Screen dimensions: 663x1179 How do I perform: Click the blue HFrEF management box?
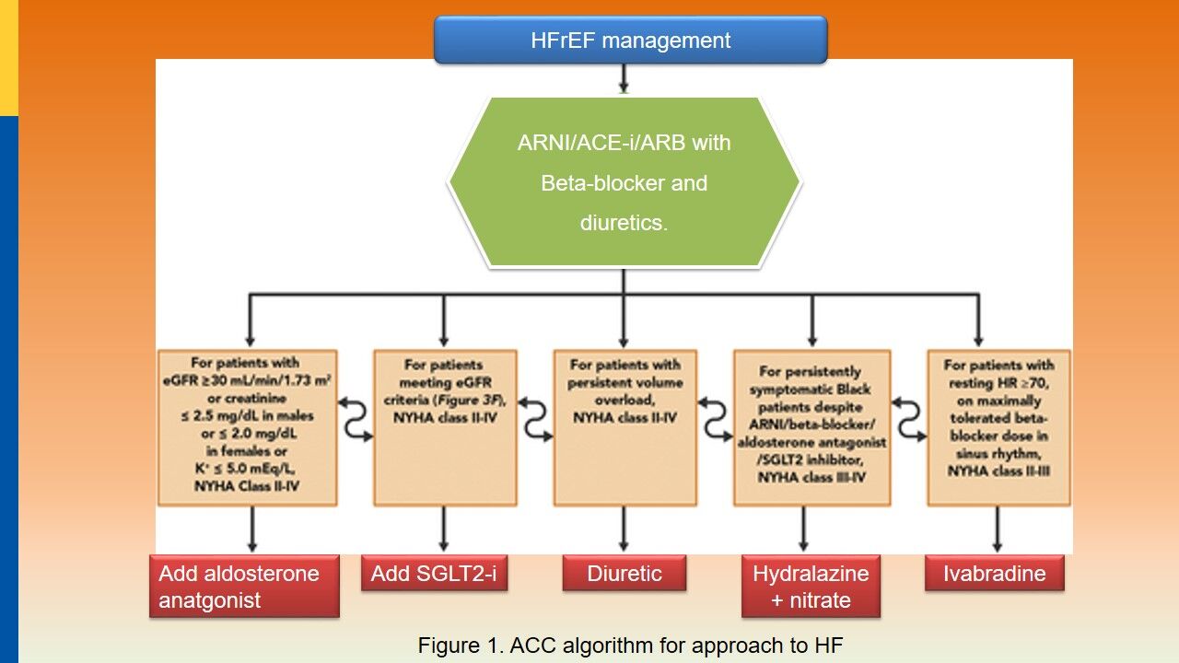pos(630,41)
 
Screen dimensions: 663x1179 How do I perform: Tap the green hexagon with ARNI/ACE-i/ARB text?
pos(625,182)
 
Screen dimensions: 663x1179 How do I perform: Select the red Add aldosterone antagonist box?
pos(244,587)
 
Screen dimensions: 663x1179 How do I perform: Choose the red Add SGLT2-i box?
pos(434,574)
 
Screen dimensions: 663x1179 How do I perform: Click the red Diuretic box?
pos(625,574)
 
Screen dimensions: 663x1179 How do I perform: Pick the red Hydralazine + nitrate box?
pos(811,587)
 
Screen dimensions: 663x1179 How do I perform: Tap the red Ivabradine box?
pos(995,574)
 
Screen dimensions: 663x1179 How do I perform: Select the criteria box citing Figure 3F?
pos(444,427)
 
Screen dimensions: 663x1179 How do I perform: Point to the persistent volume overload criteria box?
pos(625,427)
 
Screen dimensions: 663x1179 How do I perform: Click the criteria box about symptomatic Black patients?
pos(811,427)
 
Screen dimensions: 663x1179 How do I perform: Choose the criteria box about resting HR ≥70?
pos(998,427)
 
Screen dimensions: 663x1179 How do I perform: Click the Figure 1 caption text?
pos(630,646)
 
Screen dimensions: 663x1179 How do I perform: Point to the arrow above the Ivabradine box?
pos(997,530)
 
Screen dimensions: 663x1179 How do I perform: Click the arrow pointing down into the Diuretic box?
pos(625,530)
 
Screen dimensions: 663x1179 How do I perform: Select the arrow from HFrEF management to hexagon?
pos(624,79)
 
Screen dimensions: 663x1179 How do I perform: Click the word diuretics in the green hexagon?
pos(623,223)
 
